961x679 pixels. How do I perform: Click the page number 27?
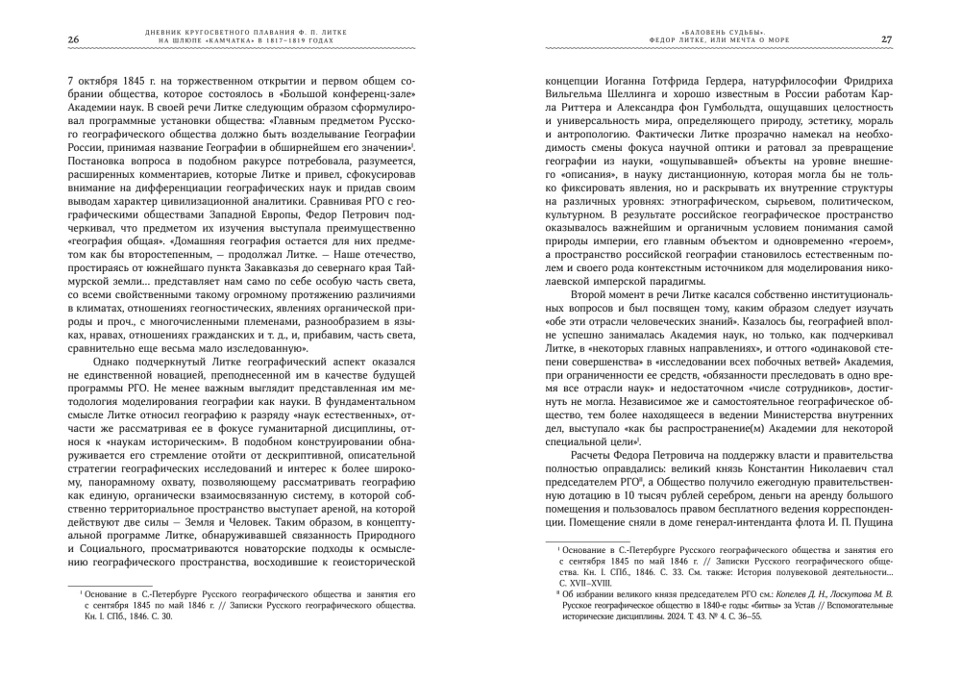pos(887,39)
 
